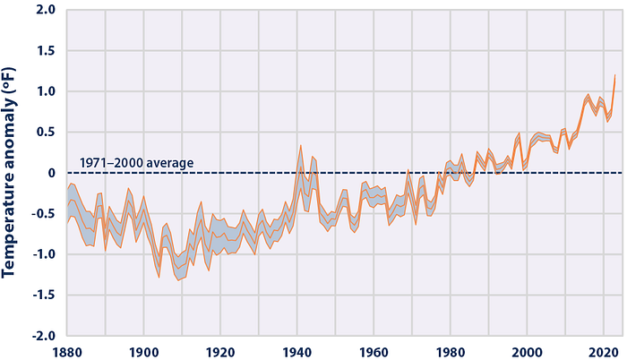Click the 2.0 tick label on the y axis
[47, 10]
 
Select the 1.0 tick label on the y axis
[47, 91]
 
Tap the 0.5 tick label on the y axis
[47, 133]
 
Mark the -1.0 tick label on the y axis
[45, 254]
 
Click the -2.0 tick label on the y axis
[45, 336]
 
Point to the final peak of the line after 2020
[615, 74]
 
